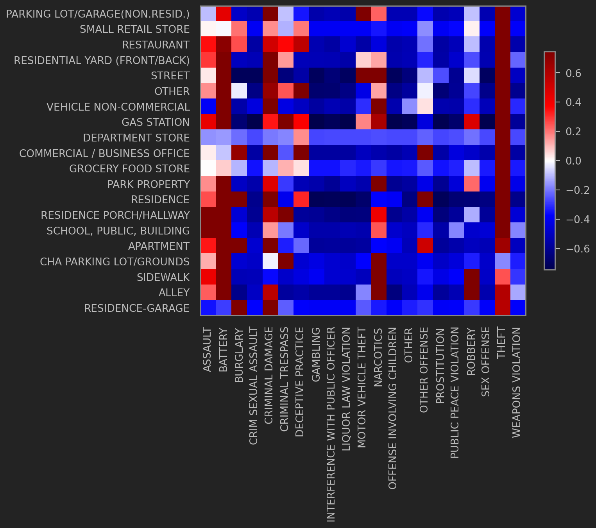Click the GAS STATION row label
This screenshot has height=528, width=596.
[x=156, y=122]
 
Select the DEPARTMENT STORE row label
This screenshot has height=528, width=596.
[x=136, y=138]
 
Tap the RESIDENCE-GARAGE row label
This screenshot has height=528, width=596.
[x=137, y=308]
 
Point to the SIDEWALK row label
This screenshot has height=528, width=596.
[x=163, y=277]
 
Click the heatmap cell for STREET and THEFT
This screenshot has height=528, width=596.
[x=503, y=75]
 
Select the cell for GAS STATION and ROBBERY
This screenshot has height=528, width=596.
[x=471, y=122]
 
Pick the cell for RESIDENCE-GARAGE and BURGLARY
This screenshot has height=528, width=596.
[x=240, y=308]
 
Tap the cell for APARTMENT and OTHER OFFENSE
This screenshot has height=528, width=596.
[x=425, y=246]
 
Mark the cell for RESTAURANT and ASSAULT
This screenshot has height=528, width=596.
[x=208, y=45]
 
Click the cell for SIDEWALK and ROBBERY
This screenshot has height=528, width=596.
[x=471, y=277]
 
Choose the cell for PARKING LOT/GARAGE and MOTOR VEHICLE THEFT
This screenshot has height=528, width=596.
[x=363, y=14]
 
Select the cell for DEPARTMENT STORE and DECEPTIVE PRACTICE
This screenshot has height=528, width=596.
[x=301, y=138]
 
